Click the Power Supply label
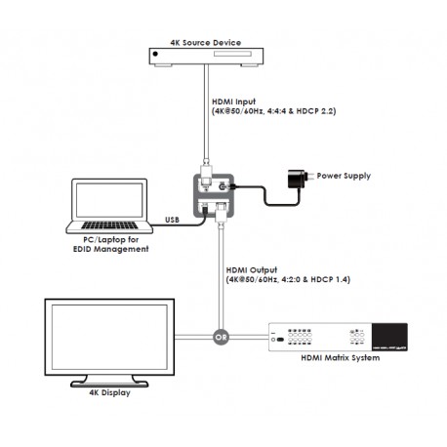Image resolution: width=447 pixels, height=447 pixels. click(345, 177)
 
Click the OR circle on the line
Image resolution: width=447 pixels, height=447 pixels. click(220, 338)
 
